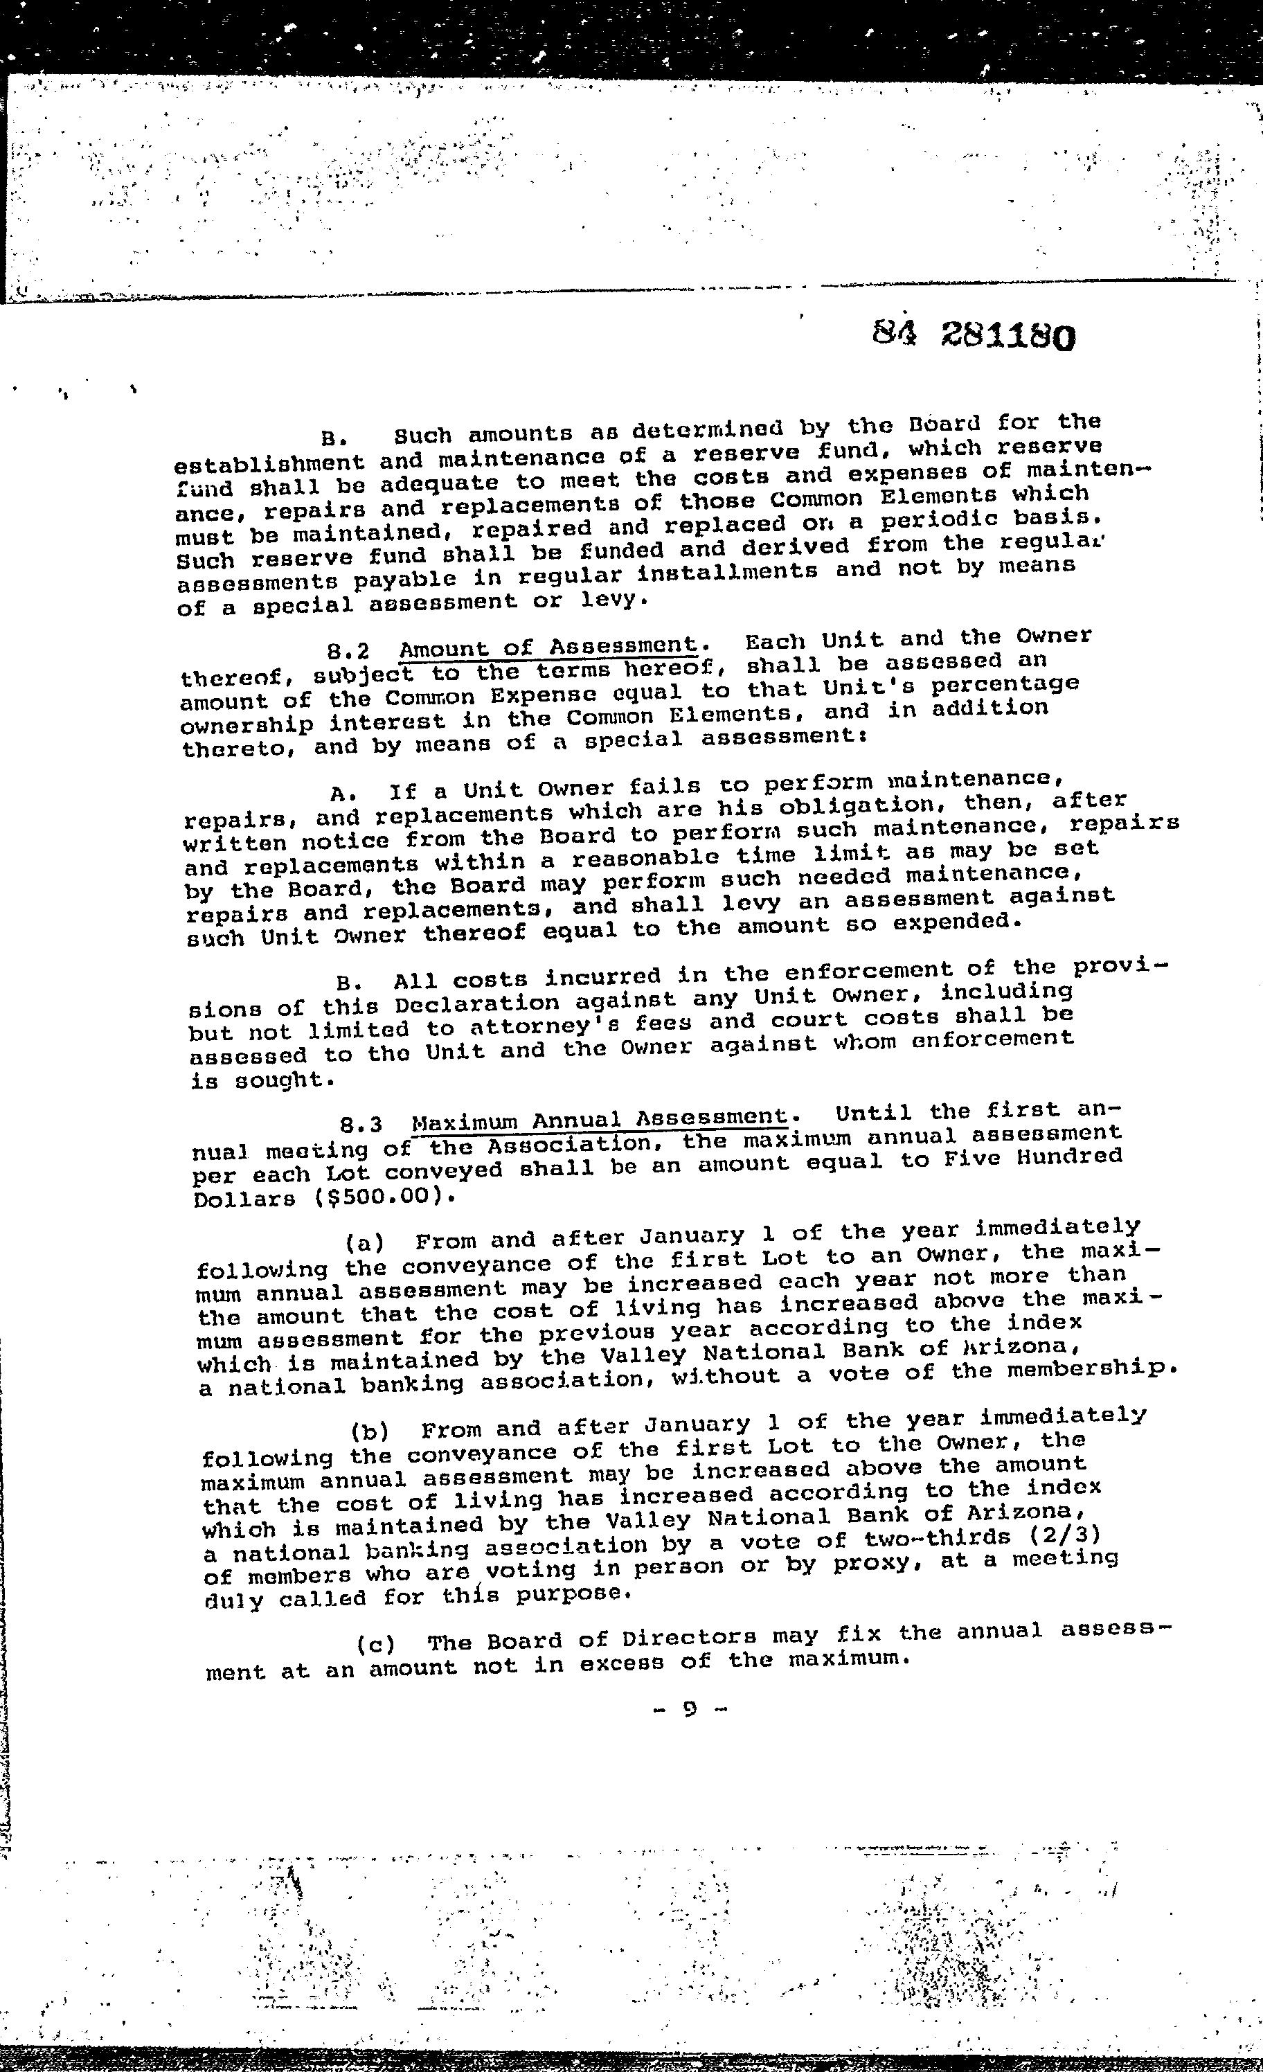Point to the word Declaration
tap(477, 1004)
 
